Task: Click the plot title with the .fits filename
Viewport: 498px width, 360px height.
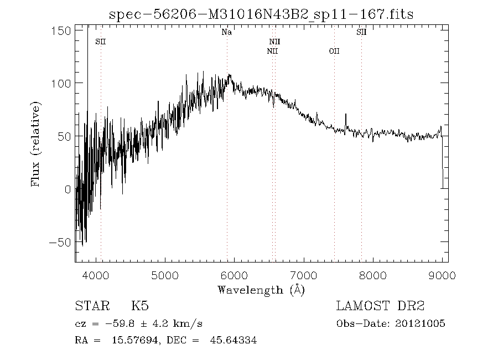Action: [261, 15]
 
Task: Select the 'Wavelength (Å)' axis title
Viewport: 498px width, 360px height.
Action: [261, 289]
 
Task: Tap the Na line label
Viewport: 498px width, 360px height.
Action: [226, 33]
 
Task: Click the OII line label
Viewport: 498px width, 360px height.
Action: [334, 52]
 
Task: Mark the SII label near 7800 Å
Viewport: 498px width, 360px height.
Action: [361, 33]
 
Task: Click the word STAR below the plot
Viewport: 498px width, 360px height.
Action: [92, 306]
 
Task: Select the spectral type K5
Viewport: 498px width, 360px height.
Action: [139, 306]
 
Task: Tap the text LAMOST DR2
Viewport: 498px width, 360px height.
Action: [380, 306]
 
